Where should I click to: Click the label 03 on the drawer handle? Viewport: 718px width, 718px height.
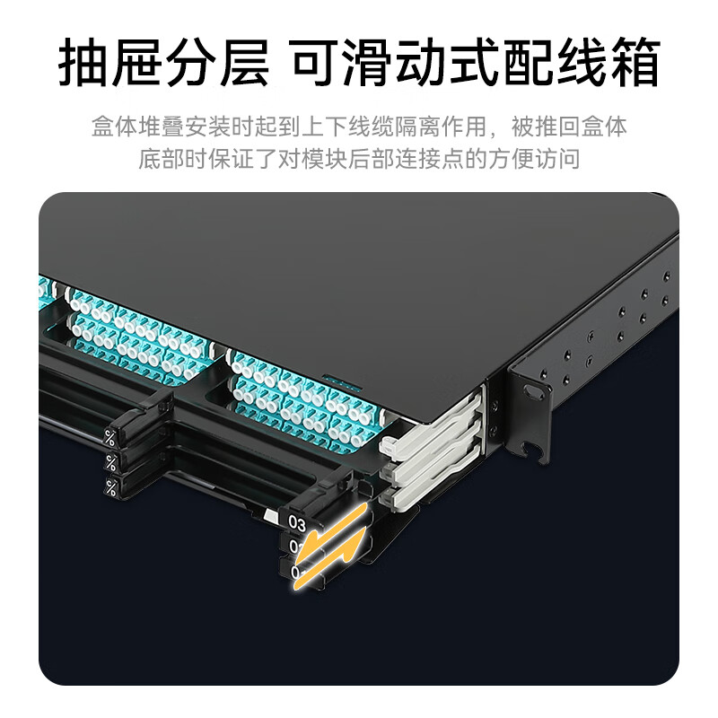(x=297, y=523)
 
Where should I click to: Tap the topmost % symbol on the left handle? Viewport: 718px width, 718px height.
(x=109, y=438)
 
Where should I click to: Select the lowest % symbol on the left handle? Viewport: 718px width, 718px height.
(x=110, y=487)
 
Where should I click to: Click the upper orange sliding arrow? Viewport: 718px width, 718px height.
(x=337, y=527)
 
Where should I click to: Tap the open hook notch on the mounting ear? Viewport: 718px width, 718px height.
(x=534, y=451)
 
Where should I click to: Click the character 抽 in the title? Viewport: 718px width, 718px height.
(x=83, y=62)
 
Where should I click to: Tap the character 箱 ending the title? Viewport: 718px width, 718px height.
(x=634, y=62)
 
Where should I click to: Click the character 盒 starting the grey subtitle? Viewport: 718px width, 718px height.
(x=103, y=127)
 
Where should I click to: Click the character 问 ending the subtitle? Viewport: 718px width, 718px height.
(x=569, y=159)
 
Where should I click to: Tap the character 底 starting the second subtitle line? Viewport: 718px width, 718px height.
(x=150, y=159)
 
